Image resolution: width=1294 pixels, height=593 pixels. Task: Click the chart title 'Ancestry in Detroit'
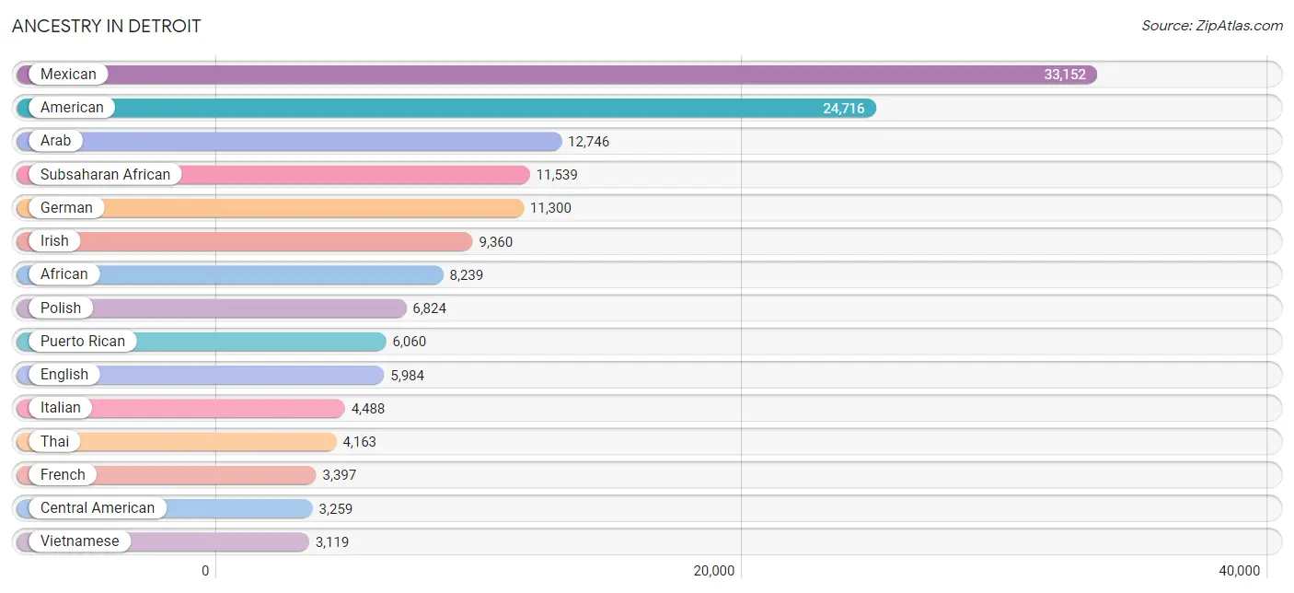[x=106, y=26]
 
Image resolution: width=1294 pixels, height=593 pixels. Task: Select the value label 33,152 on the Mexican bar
[x=1065, y=75]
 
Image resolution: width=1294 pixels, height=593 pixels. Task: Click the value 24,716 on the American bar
[x=844, y=109]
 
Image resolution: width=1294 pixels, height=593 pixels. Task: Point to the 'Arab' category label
[x=55, y=141]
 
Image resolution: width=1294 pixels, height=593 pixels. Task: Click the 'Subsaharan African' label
[x=105, y=175]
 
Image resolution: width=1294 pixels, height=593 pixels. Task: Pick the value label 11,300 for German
[x=550, y=208]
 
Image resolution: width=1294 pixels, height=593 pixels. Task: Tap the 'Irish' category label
[x=54, y=241]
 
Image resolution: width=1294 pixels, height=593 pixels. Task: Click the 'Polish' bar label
[x=61, y=308]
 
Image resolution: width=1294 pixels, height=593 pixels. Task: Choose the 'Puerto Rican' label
[x=83, y=342]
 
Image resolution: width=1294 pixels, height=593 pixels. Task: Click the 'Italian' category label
[x=61, y=408]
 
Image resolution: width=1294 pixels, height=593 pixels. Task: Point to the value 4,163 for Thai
[x=360, y=442]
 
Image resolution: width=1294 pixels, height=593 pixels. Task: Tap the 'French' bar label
[x=63, y=475]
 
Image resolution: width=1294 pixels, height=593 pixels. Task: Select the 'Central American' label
[x=98, y=508]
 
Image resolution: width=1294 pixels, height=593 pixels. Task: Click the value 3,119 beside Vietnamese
[x=332, y=542]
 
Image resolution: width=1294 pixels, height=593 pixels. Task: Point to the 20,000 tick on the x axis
[x=714, y=571]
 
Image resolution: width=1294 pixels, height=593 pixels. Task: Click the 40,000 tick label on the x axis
[x=1239, y=571]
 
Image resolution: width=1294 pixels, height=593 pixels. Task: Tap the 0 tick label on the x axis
[x=205, y=571]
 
